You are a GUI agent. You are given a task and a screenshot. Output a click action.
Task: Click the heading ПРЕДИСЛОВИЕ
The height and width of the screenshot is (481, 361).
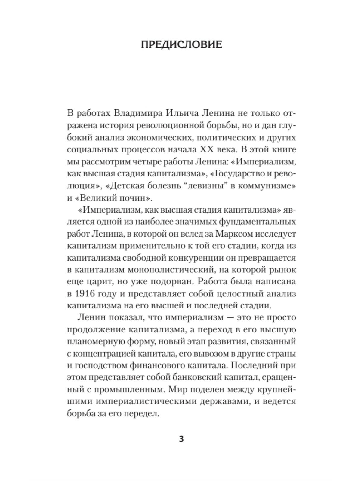tap(181, 44)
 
